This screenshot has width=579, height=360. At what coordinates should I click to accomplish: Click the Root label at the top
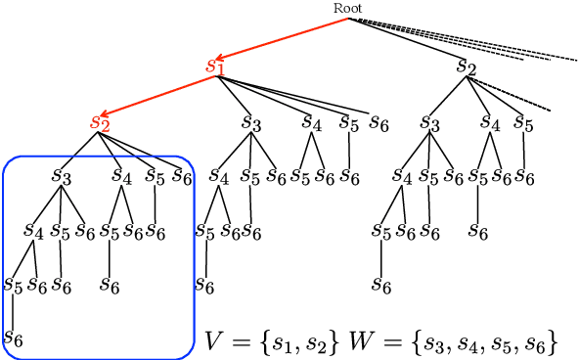(348, 8)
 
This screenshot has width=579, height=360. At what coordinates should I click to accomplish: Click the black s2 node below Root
(467, 67)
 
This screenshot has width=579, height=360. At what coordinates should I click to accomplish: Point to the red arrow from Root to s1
(284, 38)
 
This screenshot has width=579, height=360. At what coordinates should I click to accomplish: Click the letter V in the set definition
(214, 341)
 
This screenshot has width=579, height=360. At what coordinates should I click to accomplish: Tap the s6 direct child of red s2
(181, 176)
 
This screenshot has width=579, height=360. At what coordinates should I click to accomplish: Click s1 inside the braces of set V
(284, 343)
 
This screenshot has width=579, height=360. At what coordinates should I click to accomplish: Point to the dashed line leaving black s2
(513, 96)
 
